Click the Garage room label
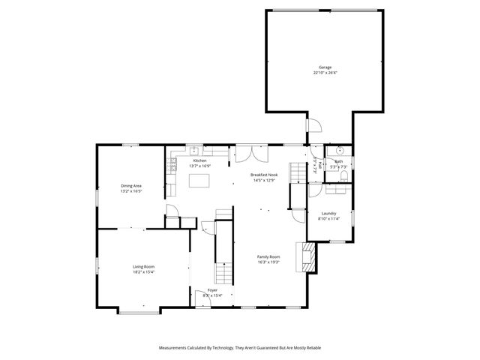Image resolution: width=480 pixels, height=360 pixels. pyautogui.click(x=325, y=67)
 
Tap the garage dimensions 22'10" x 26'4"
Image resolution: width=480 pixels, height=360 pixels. pyautogui.click(x=325, y=73)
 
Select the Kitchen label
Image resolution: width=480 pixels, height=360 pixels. pyautogui.click(x=199, y=160)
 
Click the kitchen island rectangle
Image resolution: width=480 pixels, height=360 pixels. pyautogui.click(x=199, y=180)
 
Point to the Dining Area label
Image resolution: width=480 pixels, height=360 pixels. pyautogui.click(x=131, y=186)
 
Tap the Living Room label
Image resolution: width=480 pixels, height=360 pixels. pyautogui.click(x=144, y=267)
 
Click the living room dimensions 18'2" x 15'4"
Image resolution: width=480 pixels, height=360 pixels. pyautogui.click(x=144, y=272)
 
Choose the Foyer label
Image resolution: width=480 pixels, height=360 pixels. pyautogui.click(x=213, y=289)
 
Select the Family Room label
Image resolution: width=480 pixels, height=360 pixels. pyautogui.click(x=268, y=256)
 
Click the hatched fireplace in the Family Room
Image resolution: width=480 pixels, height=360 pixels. pyautogui.click(x=307, y=256)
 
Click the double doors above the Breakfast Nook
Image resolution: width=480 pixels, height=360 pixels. pyautogui.click(x=250, y=153)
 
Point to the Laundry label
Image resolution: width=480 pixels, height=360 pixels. pyautogui.click(x=329, y=213)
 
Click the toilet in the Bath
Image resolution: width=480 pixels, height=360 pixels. pyautogui.click(x=343, y=175)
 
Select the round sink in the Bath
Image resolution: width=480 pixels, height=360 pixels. pyautogui.click(x=339, y=149)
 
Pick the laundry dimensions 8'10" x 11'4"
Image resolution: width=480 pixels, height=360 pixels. pyautogui.click(x=329, y=218)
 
